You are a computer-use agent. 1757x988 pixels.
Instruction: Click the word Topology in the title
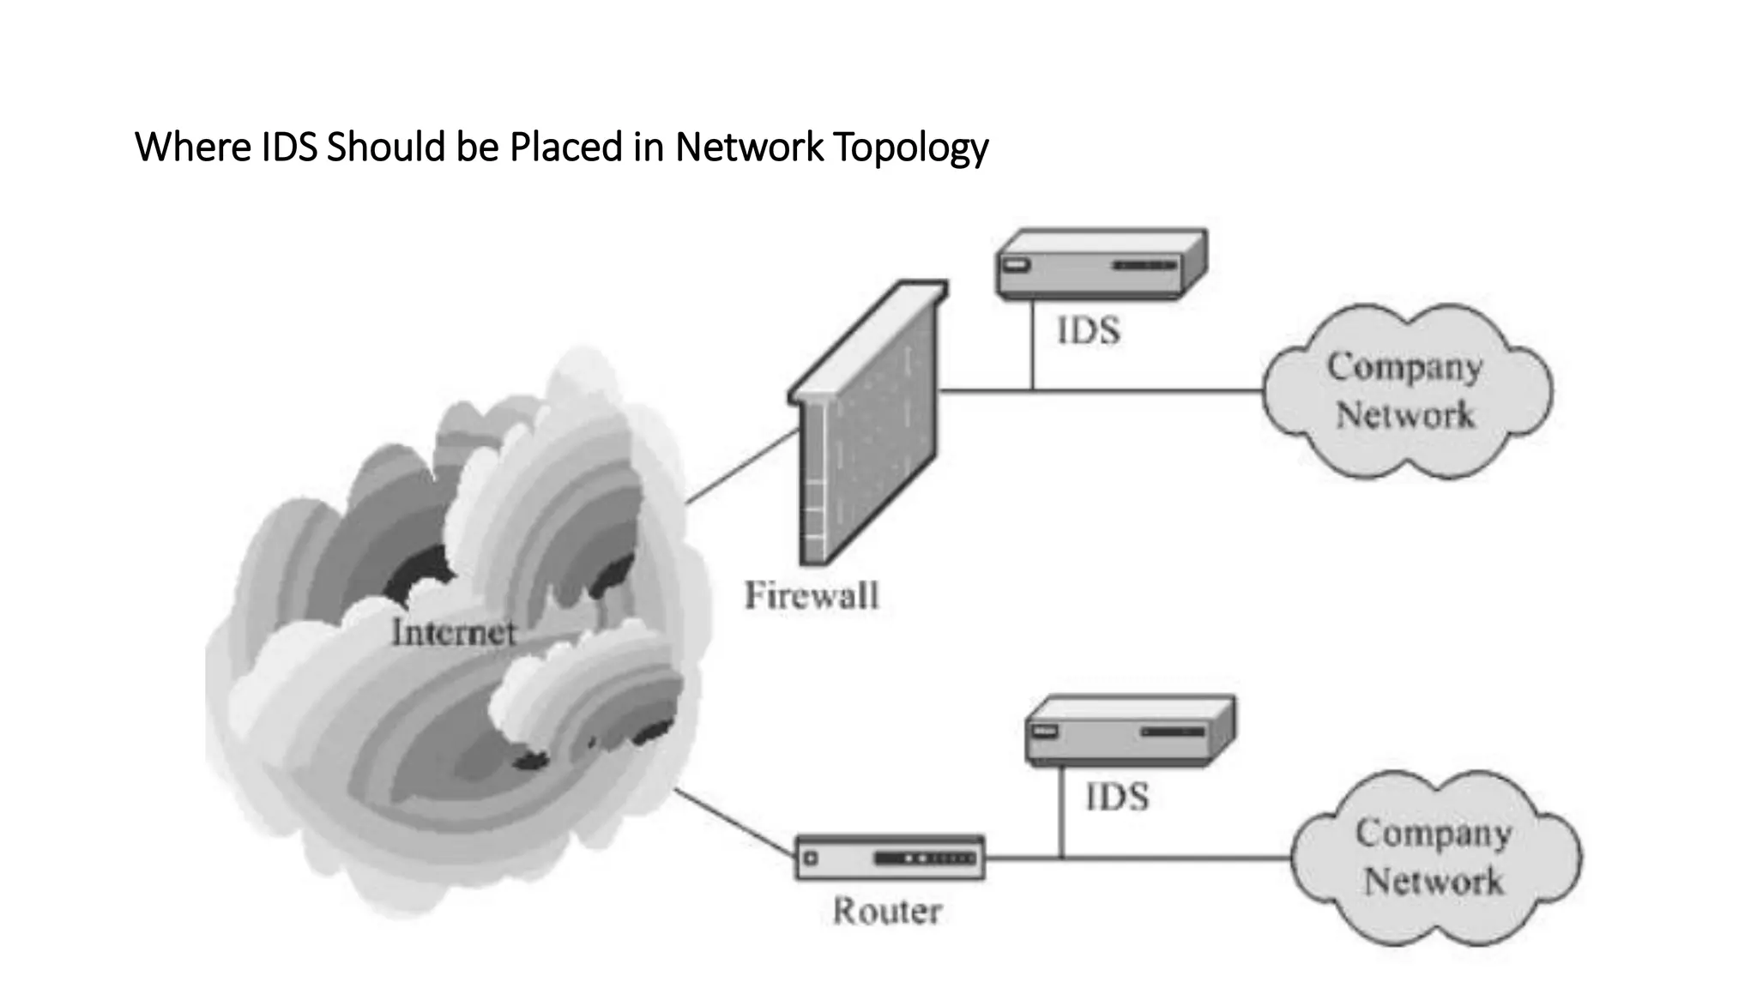(910, 148)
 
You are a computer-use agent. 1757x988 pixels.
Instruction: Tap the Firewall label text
(812, 595)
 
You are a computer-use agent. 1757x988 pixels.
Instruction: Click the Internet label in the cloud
(454, 633)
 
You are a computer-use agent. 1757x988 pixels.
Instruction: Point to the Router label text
(887, 911)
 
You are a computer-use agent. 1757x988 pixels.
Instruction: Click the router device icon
(890, 858)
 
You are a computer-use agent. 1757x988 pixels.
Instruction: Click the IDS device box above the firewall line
(1101, 264)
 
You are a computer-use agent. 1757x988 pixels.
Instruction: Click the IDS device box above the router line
(1130, 731)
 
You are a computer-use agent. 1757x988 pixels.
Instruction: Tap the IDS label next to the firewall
(1089, 330)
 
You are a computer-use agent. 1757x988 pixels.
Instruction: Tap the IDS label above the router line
(1117, 797)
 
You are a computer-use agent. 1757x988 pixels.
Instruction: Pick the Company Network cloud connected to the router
(1434, 858)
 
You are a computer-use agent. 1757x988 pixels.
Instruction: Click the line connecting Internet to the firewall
(743, 466)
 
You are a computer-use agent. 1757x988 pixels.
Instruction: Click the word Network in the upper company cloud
(1404, 415)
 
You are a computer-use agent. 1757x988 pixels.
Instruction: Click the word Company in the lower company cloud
(1434, 833)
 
